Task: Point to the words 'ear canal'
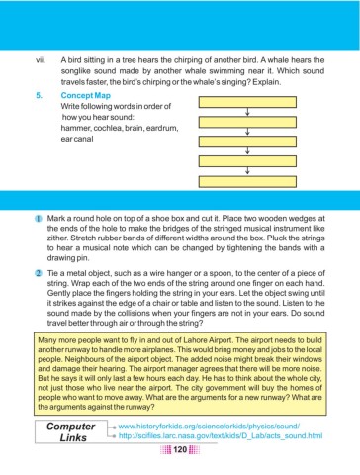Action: point(81,140)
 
